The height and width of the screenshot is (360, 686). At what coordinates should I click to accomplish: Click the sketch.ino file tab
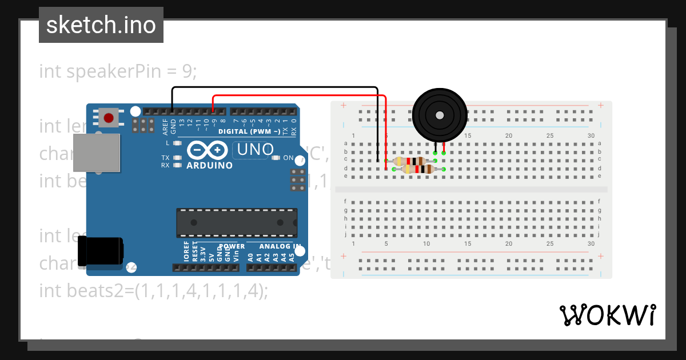coord(101,25)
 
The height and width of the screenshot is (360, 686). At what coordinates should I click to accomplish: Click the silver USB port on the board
coord(97,153)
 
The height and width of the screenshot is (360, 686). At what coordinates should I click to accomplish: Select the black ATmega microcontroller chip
coord(237,223)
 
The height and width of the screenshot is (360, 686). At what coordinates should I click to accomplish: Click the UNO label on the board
coord(256,150)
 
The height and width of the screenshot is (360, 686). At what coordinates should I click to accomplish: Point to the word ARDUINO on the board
coord(209,165)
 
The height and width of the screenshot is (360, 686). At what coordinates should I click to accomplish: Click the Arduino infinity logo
coord(205,150)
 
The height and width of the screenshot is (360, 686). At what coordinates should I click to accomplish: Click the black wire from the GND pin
coord(274,87)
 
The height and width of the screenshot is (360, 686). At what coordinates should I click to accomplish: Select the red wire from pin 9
coord(297,95)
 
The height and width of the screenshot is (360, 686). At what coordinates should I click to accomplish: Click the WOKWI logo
coord(607,315)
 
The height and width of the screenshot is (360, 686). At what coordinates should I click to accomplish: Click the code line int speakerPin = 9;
coord(118,71)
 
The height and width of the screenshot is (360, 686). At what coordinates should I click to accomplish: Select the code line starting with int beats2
coord(153,290)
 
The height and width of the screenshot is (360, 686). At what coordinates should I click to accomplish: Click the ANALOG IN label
coord(280,246)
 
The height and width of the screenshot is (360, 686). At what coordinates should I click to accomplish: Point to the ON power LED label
coord(288,158)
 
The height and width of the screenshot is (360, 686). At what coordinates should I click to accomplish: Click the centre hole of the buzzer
coord(438,115)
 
